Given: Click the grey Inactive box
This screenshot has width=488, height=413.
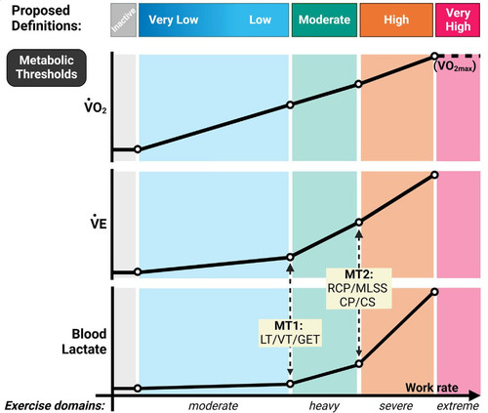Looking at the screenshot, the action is click(123, 20).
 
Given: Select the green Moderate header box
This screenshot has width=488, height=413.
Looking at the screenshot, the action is click(324, 20).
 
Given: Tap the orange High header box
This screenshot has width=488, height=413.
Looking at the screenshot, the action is click(396, 20).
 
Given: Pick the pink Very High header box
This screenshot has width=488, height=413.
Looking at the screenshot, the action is click(458, 20).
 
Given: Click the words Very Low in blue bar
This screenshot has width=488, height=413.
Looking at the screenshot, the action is click(174, 20).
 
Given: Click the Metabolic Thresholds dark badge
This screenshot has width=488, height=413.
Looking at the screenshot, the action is click(47, 67).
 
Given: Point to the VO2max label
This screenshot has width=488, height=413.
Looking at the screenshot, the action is click(455, 66).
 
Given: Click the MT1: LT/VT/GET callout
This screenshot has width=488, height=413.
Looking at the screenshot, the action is click(290, 333).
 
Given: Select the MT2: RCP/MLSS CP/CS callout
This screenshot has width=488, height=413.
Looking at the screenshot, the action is click(358, 288).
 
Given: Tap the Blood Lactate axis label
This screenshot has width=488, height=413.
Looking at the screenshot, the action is click(84, 342).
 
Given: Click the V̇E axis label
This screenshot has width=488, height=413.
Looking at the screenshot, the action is click(99, 223).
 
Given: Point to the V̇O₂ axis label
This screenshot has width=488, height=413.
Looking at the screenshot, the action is click(96, 106).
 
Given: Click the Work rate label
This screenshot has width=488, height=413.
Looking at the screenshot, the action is click(431, 388).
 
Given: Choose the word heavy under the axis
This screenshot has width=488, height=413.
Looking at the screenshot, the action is click(324, 406).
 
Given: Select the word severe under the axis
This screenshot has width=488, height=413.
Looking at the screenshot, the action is click(396, 406).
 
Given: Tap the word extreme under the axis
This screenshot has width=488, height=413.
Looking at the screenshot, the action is click(458, 406).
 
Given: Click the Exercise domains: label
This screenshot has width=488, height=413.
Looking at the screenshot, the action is click(55, 406).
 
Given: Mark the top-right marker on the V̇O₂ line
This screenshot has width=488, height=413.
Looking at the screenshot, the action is click(434, 57).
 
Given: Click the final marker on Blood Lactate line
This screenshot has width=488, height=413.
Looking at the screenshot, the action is click(434, 292).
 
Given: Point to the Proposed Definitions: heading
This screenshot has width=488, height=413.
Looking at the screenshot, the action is click(46, 18).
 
